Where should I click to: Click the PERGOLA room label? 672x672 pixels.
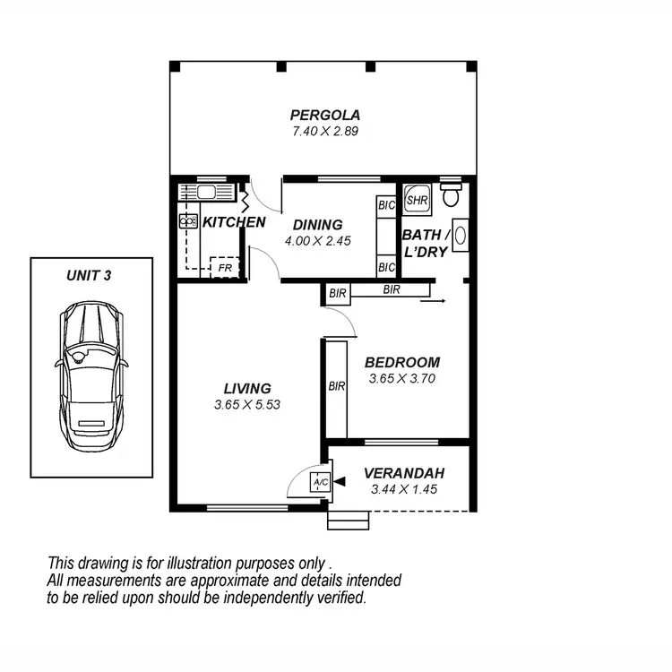[324, 115]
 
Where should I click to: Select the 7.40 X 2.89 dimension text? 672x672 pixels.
[324, 131]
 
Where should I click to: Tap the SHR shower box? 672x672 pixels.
[417, 200]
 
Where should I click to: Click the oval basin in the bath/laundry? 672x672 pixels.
[461, 236]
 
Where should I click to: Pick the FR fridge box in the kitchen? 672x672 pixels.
[224, 267]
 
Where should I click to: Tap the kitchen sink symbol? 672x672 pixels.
[206, 191]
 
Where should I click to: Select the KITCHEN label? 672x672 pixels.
[233, 222]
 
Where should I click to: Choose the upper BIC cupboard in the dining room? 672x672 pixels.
[386, 205]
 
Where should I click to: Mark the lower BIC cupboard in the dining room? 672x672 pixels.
[386, 267]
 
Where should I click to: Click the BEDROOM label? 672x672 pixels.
[402, 363]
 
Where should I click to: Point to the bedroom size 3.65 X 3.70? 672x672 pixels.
[402, 379]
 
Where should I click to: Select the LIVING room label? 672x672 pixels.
[247, 389]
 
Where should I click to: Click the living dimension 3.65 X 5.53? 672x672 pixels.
[247, 405]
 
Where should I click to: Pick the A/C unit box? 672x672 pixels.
[320, 482]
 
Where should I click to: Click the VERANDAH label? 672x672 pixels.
[404, 473]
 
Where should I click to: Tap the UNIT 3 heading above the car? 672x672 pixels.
[89, 276]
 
